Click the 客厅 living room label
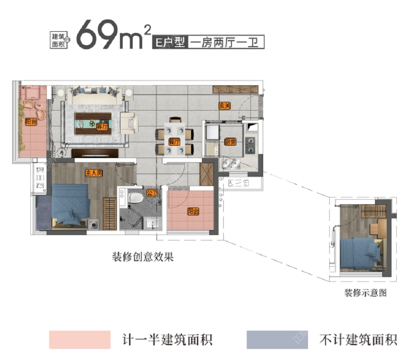tap(102, 127)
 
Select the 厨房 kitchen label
tap(230, 142)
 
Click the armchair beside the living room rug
tap(129, 123)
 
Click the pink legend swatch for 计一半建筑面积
tap(80, 340)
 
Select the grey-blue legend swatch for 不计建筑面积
tap(277, 340)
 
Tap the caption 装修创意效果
tap(143, 257)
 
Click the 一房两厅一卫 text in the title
tap(225, 43)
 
